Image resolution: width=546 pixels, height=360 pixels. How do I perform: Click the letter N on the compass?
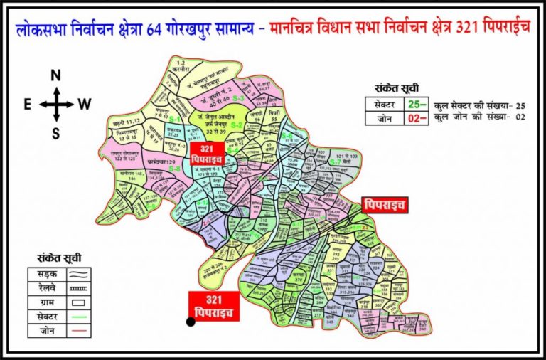tap(56, 75)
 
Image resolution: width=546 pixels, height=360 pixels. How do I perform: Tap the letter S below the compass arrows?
tap(56, 132)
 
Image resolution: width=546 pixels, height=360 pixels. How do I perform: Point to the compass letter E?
tap(26, 105)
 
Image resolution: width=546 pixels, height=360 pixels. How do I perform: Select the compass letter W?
tap(85, 105)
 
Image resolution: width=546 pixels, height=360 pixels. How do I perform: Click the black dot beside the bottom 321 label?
tap(191, 322)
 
